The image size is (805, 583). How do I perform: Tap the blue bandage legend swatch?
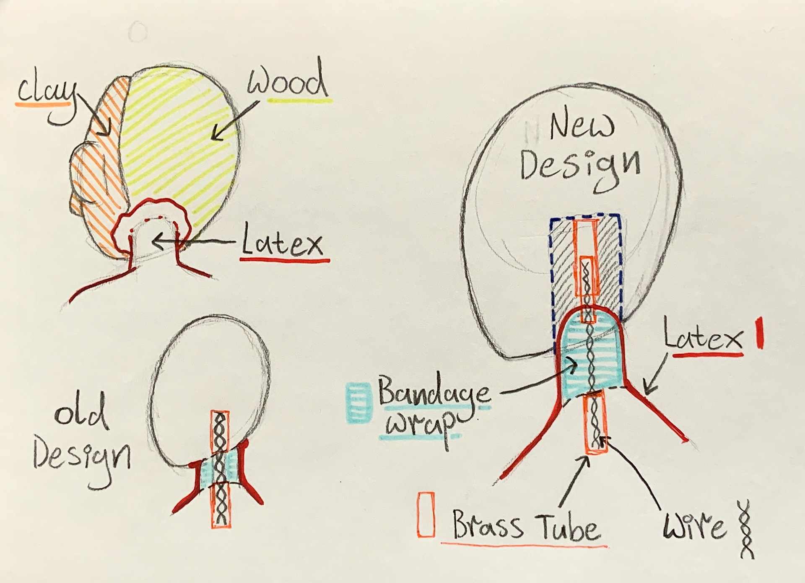point(358,401)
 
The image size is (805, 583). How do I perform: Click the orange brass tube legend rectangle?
point(426,513)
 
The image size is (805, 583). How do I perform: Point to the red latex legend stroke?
point(759,334)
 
